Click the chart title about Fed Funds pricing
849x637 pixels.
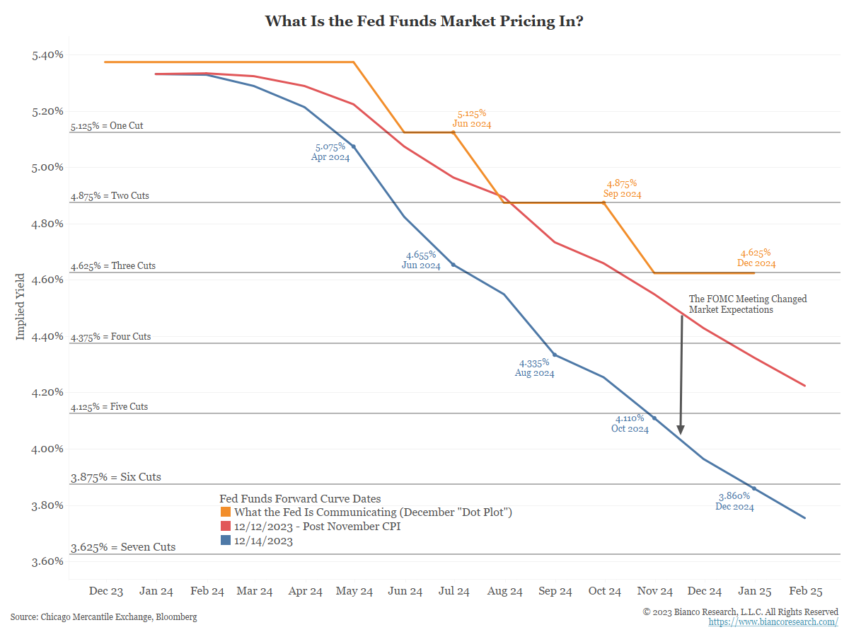click(424, 21)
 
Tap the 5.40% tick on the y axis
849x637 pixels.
click(48, 54)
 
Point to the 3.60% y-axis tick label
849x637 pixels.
click(48, 561)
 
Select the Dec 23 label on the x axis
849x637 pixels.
click(106, 591)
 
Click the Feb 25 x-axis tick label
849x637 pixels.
click(805, 591)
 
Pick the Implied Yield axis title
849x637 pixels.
click(21, 306)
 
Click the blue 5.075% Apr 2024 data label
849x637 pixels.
click(330, 152)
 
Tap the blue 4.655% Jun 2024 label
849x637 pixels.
click(421, 260)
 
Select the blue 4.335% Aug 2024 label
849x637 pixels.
click(535, 367)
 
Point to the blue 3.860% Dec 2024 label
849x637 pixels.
click(734, 501)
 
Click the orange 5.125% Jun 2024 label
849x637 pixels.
click(472, 118)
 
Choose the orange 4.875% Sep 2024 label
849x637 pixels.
click(622, 188)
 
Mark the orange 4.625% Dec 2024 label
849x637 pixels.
click(756, 258)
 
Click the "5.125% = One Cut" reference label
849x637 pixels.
click(107, 127)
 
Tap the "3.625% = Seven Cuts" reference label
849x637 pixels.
click(123, 547)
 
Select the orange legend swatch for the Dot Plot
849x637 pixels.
click(226, 512)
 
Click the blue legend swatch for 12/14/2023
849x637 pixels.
click(226, 541)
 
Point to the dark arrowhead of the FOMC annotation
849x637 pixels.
click(681, 430)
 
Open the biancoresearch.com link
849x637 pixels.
click(773, 621)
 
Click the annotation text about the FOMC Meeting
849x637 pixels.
click(748, 304)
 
